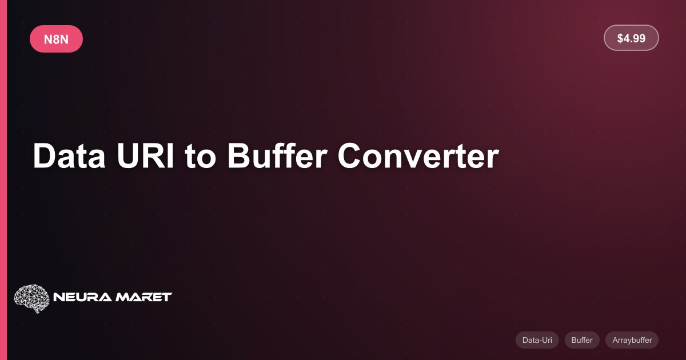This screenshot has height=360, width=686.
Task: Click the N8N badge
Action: [57, 39]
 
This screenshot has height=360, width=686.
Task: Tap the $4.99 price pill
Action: [631, 38]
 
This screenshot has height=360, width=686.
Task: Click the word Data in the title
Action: [69, 155]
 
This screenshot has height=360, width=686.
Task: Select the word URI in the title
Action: [145, 155]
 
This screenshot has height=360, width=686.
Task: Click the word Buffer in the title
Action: [277, 155]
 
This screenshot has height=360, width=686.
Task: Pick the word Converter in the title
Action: [418, 155]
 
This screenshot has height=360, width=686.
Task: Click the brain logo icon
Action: [32, 298]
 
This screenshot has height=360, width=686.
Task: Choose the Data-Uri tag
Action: [537, 340]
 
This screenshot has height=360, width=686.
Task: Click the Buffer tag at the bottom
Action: [582, 340]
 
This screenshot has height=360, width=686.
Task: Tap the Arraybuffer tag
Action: [632, 340]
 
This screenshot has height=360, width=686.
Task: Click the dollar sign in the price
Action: [620, 38]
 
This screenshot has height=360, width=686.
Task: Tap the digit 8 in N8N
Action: [56, 39]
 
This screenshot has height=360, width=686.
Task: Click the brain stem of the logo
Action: [37, 310]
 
